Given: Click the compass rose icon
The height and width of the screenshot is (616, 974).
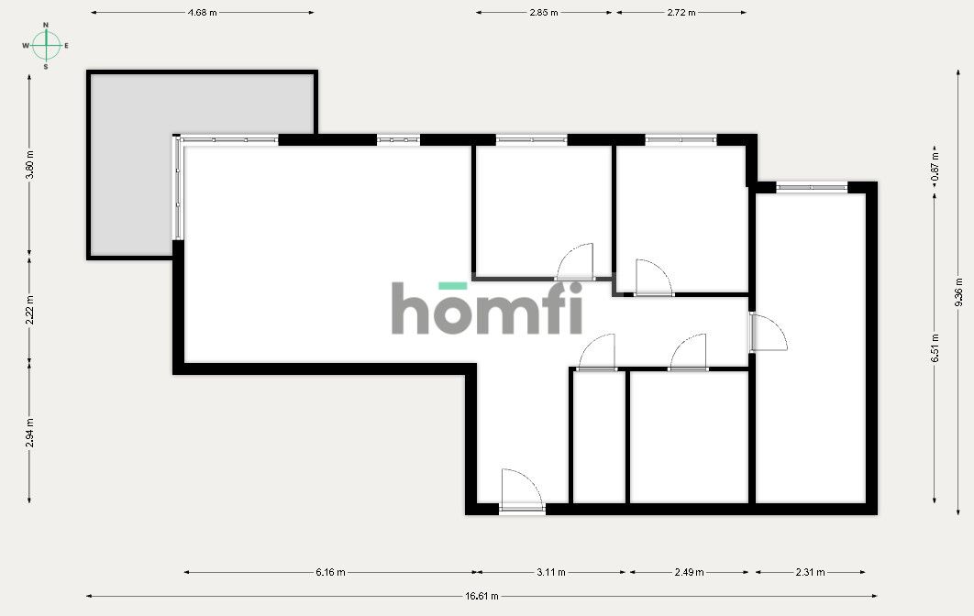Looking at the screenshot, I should click(x=47, y=45).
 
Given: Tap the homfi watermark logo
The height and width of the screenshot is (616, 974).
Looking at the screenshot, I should click(x=487, y=309).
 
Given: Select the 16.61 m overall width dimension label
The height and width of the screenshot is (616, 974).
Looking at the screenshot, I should click(x=481, y=596).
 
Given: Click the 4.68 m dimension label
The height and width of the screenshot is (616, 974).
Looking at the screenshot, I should click(x=202, y=13).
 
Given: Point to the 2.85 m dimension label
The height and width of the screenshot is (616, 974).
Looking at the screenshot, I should click(x=544, y=13).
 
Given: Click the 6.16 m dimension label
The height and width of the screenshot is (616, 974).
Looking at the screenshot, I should click(x=330, y=573).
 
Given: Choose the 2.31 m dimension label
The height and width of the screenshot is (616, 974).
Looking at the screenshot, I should click(x=810, y=573).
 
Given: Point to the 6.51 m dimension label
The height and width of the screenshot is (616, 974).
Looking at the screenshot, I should click(x=935, y=348).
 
